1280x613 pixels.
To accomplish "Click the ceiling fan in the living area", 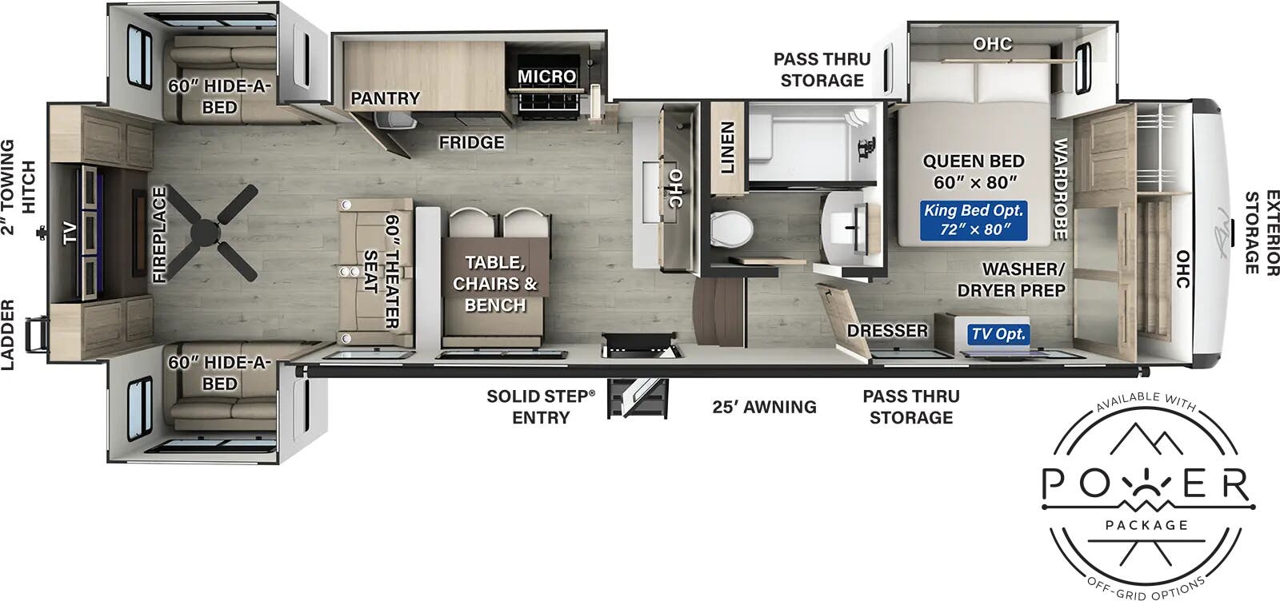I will [214, 231].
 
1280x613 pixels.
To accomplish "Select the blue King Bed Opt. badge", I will [973, 220].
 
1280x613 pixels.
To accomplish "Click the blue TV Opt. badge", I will [998, 334].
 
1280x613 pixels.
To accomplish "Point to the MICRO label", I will [546, 77].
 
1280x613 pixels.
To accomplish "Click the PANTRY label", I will [385, 98].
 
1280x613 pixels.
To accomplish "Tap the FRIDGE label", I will [471, 142].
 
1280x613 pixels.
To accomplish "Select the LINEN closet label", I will [727, 148].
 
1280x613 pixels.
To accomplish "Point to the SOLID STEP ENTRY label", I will [541, 406].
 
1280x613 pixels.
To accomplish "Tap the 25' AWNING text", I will [764, 407].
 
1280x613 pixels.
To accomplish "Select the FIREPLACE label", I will [159, 234].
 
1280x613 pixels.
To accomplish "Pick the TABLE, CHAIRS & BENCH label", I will [495, 283].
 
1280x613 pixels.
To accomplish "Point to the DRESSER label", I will [887, 330].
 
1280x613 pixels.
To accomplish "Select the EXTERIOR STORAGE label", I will [1259, 232].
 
